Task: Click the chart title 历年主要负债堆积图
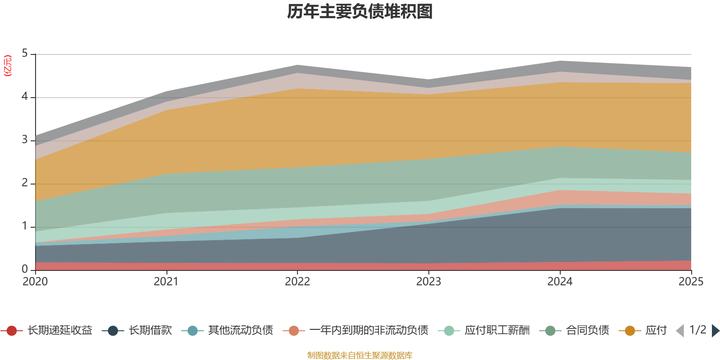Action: (360, 12)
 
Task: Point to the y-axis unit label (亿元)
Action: (8, 66)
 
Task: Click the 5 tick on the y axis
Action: (25, 54)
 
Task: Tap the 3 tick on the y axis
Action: (25, 140)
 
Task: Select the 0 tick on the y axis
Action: (25, 269)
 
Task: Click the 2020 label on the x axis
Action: (35, 282)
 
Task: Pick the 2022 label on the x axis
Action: (297, 282)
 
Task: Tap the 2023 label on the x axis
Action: (428, 282)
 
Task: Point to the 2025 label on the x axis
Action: (690, 282)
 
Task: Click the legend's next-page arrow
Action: (715, 331)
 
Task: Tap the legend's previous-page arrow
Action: (680, 331)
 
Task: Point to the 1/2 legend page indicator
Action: (697, 330)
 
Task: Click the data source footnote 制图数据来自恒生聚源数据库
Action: (360, 355)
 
